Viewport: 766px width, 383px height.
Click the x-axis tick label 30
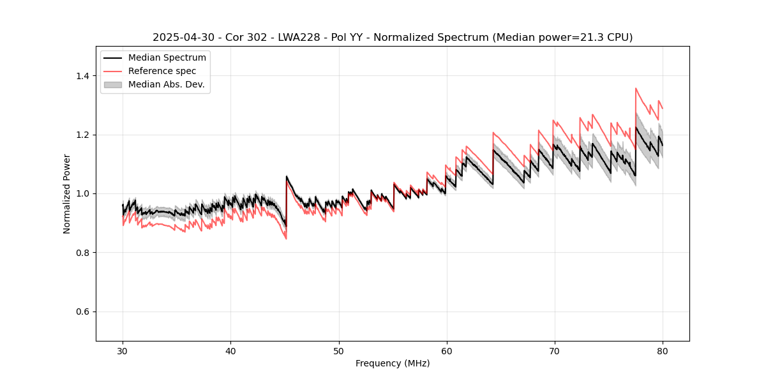click(x=123, y=350)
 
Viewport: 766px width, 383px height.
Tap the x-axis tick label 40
click(x=230, y=350)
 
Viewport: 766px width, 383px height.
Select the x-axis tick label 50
click(x=338, y=350)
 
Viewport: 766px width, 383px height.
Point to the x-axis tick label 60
click(x=446, y=350)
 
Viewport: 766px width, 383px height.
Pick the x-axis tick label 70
click(x=554, y=350)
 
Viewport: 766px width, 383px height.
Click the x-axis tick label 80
click(x=662, y=350)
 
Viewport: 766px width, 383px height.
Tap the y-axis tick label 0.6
click(x=83, y=312)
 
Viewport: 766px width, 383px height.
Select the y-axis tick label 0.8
click(x=83, y=253)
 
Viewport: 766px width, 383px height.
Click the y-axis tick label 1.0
click(x=83, y=193)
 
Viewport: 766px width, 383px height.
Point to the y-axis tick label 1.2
click(x=83, y=135)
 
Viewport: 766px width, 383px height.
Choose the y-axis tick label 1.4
click(x=83, y=76)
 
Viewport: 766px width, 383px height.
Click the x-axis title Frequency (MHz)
click(x=393, y=363)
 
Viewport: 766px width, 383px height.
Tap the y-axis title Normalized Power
click(x=67, y=193)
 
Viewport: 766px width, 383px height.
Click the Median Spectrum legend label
click(x=167, y=58)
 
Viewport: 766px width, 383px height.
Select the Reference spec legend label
click(x=162, y=71)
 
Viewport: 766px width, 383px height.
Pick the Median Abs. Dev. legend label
click(x=166, y=84)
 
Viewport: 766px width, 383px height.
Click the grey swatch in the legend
click(x=113, y=84)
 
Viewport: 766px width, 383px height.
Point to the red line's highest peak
click(x=636, y=89)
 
